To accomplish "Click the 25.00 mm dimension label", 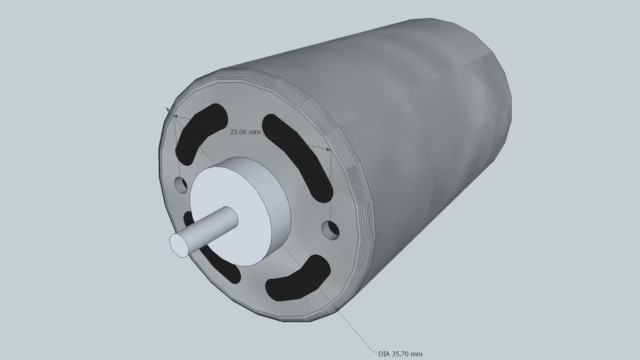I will (x=245, y=131).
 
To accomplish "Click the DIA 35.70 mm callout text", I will (x=400, y=354).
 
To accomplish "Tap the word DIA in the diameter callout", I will (x=384, y=354).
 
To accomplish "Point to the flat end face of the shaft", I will (x=179, y=245).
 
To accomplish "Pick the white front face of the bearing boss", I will (x=232, y=214).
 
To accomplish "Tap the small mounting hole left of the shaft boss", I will (x=181, y=186).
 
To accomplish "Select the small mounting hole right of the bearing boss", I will (x=330, y=229).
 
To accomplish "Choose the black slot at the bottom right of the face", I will (x=298, y=280).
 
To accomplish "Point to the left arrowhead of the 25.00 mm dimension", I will (x=174, y=115).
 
